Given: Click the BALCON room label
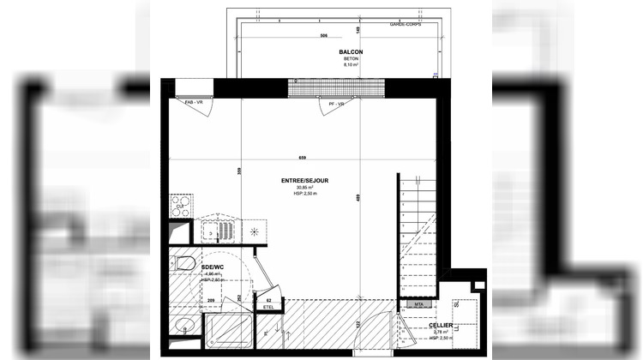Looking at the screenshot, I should (x=349, y=52).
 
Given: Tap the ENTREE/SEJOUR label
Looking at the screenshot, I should (x=305, y=181).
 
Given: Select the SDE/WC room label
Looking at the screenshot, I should (x=212, y=267).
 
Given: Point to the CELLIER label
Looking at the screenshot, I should (x=442, y=326).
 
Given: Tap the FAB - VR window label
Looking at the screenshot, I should (x=194, y=103).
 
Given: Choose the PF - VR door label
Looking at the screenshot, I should (x=336, y=104).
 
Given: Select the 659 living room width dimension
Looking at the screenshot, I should (x=303, y=157).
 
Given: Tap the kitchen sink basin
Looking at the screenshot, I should (x=224, y=232).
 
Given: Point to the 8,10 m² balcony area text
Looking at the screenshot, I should (x=349, y=64).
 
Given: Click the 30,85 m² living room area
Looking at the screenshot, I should (x=305, y=188).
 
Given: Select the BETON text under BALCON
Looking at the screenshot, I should (x=349, y=58).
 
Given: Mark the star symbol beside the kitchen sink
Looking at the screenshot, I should (x=255, y=231).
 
